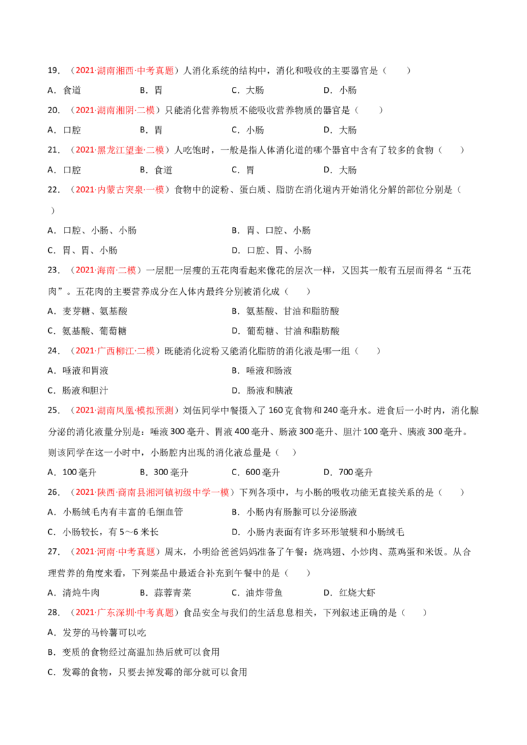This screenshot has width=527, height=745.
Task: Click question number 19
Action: pyautogui.click(x=53, y=71)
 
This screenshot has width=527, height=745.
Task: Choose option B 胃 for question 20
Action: pyautogui.click(x=152, y=130)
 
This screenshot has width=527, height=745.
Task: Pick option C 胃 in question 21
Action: pyautogui.click(x=243, y=170)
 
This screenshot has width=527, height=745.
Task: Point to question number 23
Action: pyautogui.click(x=53, y=270)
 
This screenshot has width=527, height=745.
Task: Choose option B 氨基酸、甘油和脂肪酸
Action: pyautogui.click(x=285, y=311)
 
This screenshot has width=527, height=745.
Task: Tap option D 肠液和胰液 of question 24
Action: pyautogui.click(x=262, y=390)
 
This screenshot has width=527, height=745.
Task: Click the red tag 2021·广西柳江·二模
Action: pyautogui.click(x=115, y=351)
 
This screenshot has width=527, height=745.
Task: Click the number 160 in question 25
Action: pyautogui.click(x=276, y=411)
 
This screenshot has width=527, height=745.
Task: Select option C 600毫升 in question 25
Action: pyautogui.click(x=256, y=473)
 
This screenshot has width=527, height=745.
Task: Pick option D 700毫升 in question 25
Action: pyautogui.click(x=348, y=473)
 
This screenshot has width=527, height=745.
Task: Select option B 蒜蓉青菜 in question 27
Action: pyautogui.click(x=165, y=593)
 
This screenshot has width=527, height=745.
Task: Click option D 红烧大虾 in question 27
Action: pyautogui.click(x=350, y=593)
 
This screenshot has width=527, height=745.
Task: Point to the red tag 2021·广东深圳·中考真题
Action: pyautogui.click(x=125, y=613)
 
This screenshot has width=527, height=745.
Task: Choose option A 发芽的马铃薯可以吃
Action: pyautogui.click(x=97, y=633)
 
